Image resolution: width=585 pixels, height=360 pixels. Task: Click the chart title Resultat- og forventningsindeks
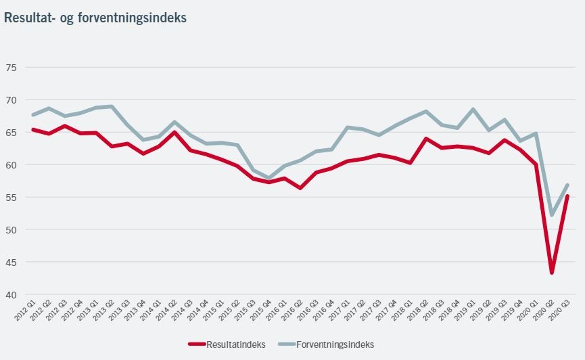[x=95, y=18]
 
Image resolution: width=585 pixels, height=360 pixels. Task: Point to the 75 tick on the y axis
[x=11, y=68]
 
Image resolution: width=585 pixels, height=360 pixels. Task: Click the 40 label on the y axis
[x=11, y=295]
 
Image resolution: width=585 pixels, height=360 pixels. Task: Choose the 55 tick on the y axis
[x=11, y=198]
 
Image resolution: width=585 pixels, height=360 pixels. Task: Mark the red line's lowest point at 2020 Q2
[x=553, y=273]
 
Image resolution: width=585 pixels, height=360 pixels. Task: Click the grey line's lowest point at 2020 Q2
[x=553, y=215]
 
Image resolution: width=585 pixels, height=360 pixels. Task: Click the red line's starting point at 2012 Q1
[x=32, y=129]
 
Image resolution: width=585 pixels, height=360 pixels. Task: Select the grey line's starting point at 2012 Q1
[x=32, y=114]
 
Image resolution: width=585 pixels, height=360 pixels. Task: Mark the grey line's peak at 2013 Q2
[x=112, y=106]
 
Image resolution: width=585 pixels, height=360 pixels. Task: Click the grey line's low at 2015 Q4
[x=268, y=178]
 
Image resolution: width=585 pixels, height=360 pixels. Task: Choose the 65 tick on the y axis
[x=11, y=133]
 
